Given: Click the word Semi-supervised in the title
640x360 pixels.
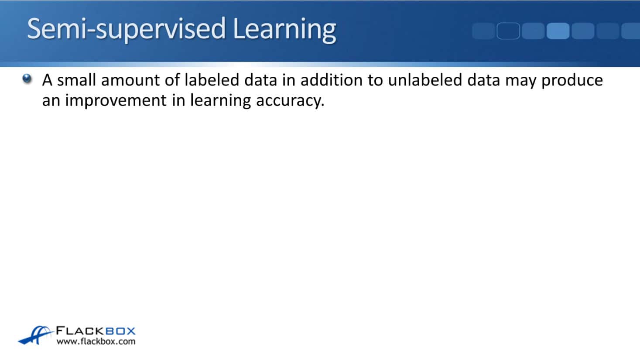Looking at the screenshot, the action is click(127, 29).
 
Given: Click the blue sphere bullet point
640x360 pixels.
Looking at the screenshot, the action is click(27, 79).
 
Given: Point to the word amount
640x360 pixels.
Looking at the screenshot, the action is click(130, 80).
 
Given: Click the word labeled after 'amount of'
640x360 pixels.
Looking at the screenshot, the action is click(212, 80).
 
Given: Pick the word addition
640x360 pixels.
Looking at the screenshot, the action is click(332, 80).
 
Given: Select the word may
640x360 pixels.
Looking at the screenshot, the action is click(521, 82).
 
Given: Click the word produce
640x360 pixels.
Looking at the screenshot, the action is click(572, 81).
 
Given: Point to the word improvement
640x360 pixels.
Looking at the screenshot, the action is click(116, 100).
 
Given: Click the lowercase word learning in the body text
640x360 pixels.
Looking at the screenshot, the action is click(220, 101).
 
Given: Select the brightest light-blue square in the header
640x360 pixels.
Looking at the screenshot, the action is click(558, 31).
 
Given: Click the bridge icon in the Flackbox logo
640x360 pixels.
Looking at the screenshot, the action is click(36, 335).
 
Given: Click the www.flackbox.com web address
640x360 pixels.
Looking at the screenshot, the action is click(96, 341).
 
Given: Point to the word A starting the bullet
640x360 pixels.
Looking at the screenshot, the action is click(48, 80).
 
